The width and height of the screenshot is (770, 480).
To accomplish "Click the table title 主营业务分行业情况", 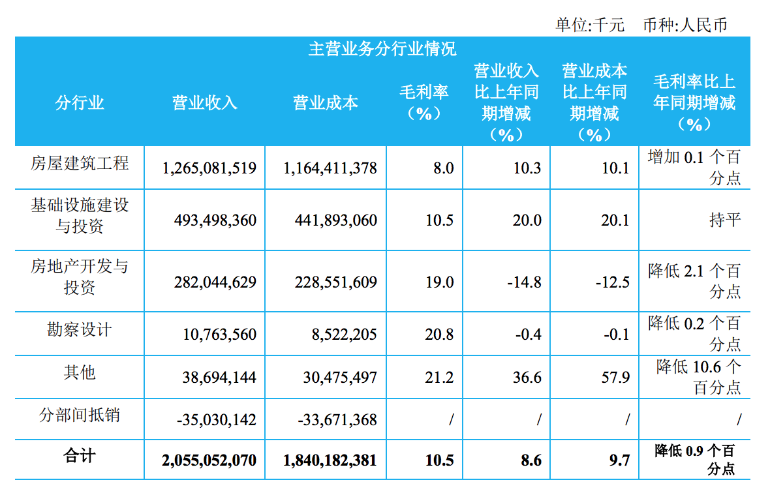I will coord(382,49).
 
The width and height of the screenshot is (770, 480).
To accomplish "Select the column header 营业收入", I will coord(204,103).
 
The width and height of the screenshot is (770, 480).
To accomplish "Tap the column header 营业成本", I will coord(326,103).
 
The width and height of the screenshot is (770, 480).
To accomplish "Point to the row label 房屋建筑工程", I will coord(80,163).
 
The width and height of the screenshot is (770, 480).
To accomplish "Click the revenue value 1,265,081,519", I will coord(209,168).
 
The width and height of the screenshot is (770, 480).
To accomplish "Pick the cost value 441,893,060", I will coord(330,220).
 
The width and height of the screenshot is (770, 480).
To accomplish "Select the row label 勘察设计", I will coord(80,329).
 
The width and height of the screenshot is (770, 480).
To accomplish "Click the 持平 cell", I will coord(725,219).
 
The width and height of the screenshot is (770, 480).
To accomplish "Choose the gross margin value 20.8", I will coord(439,334).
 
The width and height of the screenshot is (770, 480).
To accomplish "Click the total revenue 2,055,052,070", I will coord(209,460).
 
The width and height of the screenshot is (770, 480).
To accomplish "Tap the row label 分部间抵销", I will coord(80,415).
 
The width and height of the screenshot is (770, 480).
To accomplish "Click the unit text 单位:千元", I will coord(589,25).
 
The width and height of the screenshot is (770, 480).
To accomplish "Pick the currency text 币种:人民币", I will coord(685,25).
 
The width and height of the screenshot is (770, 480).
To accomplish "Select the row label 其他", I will coord(80,372).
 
